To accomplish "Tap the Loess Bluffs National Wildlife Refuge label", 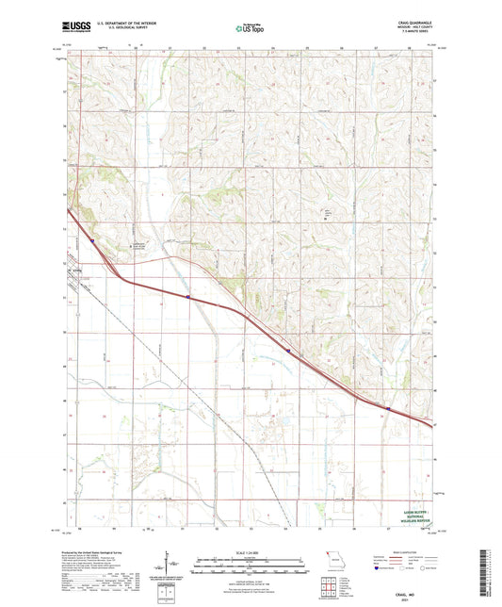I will click(x=411, y=517).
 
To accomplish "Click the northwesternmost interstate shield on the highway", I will click(x=92, y=240).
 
